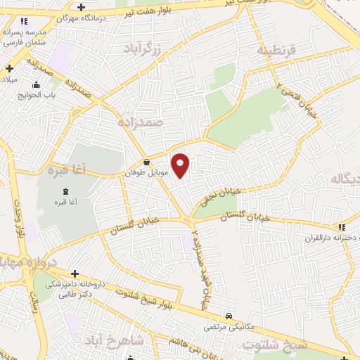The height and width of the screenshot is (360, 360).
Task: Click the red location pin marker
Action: click(x=181, y=165)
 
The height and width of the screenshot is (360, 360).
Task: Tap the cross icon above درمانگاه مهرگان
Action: click(x=82, y=7)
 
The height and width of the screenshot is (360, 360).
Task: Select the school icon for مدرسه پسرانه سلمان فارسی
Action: click(x=25, y=22)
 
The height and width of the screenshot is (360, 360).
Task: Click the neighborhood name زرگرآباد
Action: click(x=142, y=49)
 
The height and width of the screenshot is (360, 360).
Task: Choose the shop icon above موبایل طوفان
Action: click(x=146, y=162)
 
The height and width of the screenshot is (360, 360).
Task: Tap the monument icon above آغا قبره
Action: click(x=66, y=192)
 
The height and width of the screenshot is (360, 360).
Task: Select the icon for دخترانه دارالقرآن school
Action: click(x=342, y=227)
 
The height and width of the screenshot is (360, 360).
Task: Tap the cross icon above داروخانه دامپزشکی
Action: click(x=75, y=273)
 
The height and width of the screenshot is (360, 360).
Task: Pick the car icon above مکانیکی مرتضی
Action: click(x=228, y=316)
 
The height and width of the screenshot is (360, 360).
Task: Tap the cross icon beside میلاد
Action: click(x=10, y=68)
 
